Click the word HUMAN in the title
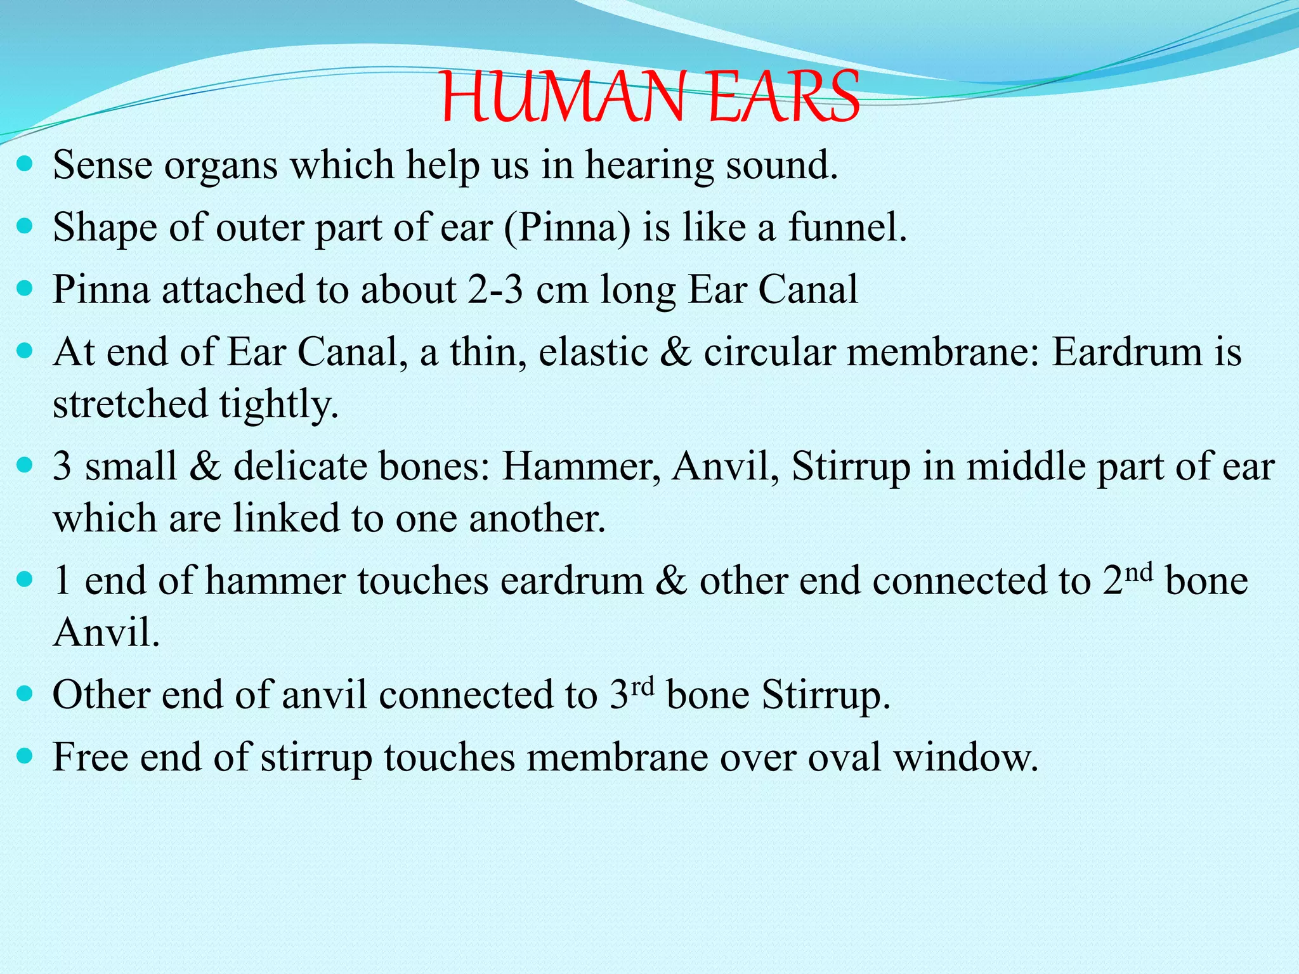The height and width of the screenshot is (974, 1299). (562, 98)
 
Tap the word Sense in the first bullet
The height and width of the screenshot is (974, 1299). (103, 165)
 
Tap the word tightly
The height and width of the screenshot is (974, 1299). (278, 405)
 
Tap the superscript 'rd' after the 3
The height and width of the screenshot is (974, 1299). (642, 687)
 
